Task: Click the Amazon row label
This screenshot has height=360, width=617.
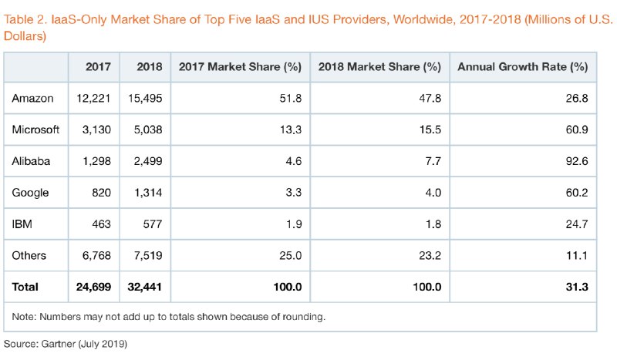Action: click(32, 98)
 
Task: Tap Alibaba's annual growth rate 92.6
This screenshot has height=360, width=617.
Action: click(575, 161)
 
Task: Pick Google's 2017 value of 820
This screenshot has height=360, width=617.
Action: click(101, 193)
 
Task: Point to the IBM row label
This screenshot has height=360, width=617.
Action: click(22, 224)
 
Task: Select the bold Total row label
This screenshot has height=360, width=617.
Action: click(25, 288)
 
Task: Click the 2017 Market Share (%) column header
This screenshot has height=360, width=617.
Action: click(239, 66)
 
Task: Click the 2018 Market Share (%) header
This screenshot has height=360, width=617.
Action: click(379, 66)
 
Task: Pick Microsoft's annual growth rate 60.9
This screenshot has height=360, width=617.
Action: click(575, 130)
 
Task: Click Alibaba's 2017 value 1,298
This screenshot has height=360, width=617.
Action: click(96, 161)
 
